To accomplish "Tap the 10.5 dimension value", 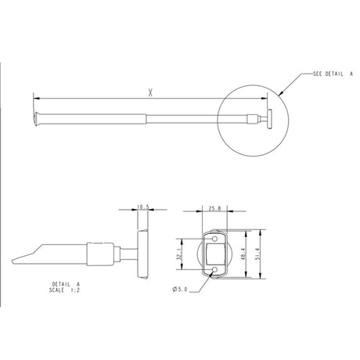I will (x=142, y=208).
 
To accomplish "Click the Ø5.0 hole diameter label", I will (x=181, y=290).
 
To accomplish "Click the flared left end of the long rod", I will (x=36, y=119).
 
